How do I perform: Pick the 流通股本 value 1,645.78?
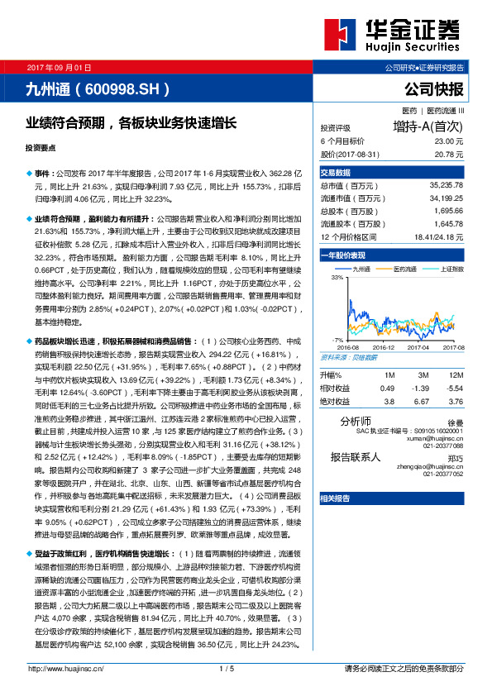click(447, 224)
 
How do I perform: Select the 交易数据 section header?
click(336, 173)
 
